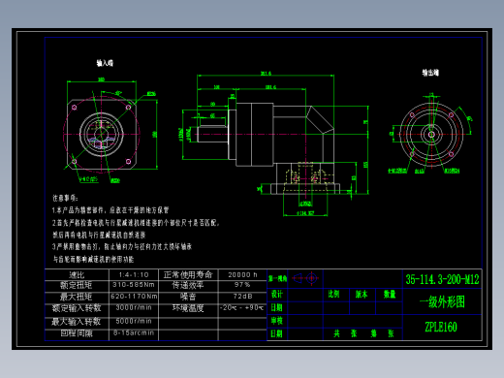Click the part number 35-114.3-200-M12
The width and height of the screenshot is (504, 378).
(442, 279)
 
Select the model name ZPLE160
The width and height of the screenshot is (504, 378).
(440, 327)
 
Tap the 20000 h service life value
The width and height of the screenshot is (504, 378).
(240, 274)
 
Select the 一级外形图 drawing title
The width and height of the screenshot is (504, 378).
(441, 301)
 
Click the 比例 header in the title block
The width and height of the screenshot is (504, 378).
(333, 293)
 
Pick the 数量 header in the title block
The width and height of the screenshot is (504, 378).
(390, 293)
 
